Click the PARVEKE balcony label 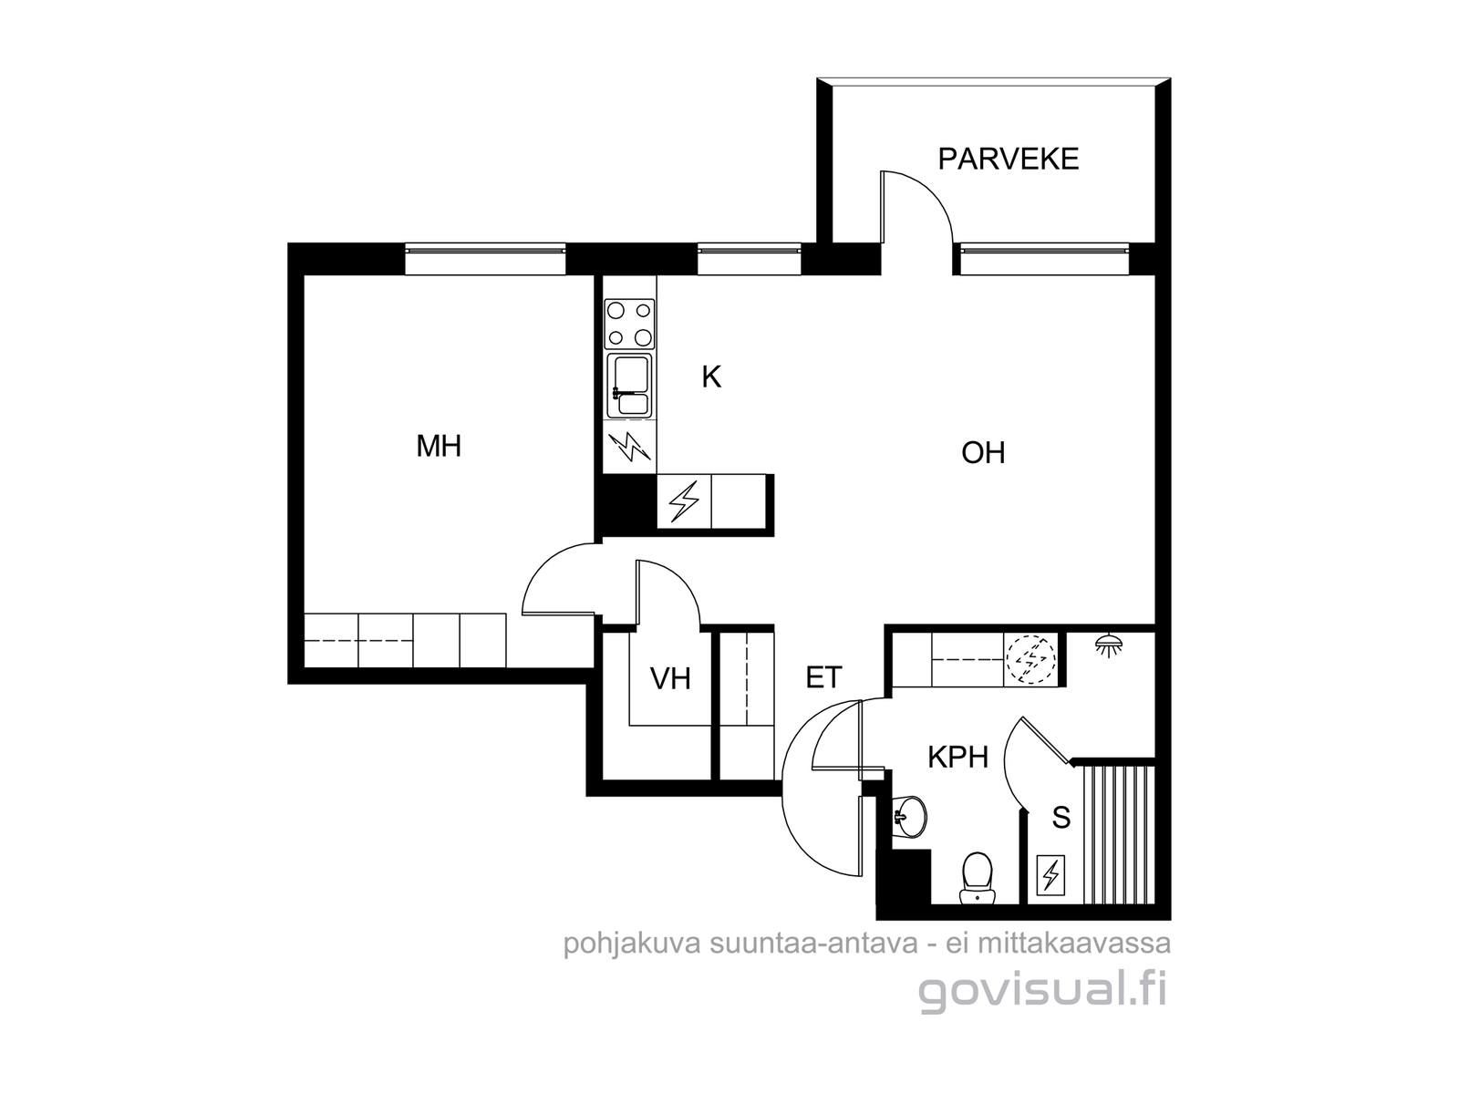pyautogui.click(x=1008, y=160)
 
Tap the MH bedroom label pyautogui.click(x=439, y=447)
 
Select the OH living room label pyautogui.click(x=983, y=453)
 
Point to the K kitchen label pyautogui.click(x=711, y=377)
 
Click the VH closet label pyautogui.click(x=670, y=679)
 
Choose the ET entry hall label pyautogui.click(x=823, y=677)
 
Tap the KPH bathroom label pyautogui.click(x=957, y=758)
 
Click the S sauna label pyautogui.click(x=1061, y=818)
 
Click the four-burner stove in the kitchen pyautogui.click(x=629, y=324)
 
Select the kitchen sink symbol pyautogui.click(x=629, y=386)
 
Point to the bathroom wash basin pyautogui.click(x=909, y=816)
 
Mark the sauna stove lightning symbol pyautogui.click(x=1050, y=875)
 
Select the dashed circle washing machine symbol pyautogui.click(x=1030, y=659)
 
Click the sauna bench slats pyautogui.click(x=1119, y=835)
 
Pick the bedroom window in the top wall pyautogui.click(x=485, y=259)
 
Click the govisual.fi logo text pyautogui.click(x=1043, y=992)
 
